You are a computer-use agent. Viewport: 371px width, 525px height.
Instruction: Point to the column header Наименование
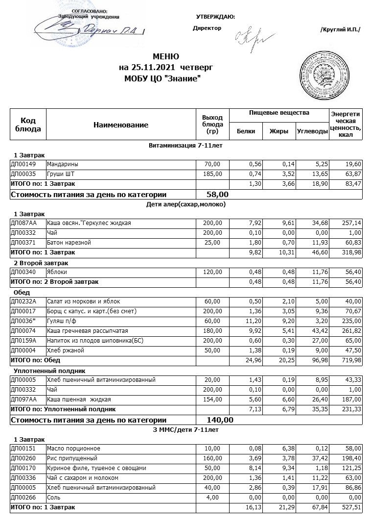(x=120, y=125)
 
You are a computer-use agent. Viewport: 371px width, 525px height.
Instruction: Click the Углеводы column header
(x=312, y=131)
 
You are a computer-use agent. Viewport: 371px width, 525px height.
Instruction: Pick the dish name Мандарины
(x=62, y=164)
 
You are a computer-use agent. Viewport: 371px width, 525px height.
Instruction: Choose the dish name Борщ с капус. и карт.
(x=91, y=311)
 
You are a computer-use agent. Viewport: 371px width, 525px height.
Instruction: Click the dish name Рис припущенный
(x=67, y=458)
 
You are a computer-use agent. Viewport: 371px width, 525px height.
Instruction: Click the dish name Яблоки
(x=57, y=272)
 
